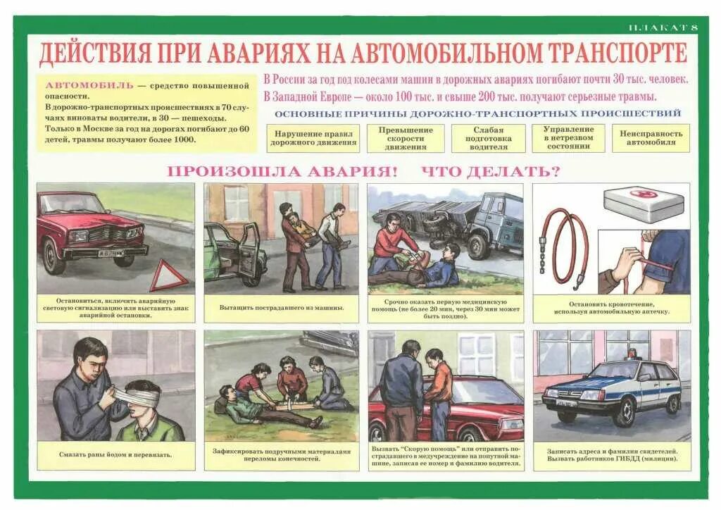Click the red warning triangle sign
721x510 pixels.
coord(168,275)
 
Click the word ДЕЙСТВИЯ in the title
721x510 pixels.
coord(95,54)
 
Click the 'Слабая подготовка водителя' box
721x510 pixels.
coord(489,139)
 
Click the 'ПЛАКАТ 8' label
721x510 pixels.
coord(663,27)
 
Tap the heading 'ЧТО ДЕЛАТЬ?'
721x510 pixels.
coord(491,171)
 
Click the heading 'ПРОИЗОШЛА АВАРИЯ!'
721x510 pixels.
coord(282,171)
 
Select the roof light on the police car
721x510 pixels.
coord(632,354)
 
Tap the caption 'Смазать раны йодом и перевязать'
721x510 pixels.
coord(115,454)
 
